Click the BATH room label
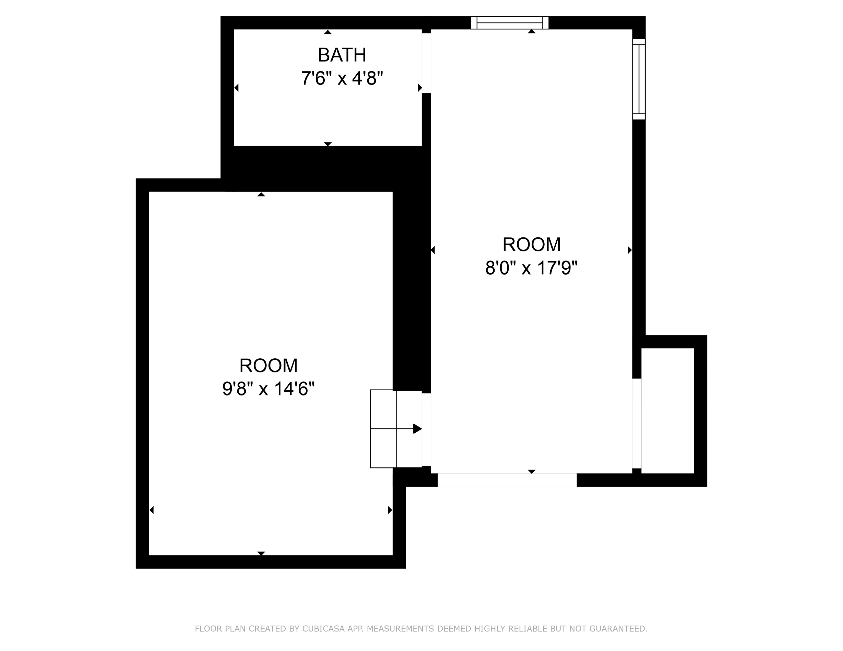[x=342, y=55]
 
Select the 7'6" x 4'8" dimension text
[x=342, y=79]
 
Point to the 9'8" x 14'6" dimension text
[x=268, y=389]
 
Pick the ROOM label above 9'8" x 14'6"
[x=268, y=366]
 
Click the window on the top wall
[x=510, y=23]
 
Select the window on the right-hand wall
[x=639, y=79]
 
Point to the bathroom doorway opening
[x=426, y=63]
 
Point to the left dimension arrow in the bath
[x=237, y=88]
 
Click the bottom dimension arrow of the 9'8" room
[x=261, y=553]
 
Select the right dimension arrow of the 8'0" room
[x=629, y=250]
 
